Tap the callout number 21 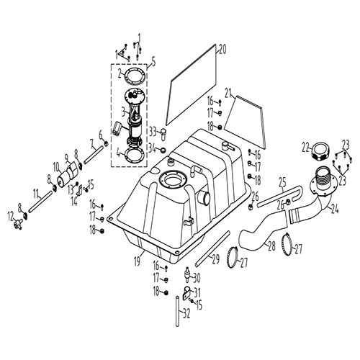(229, 93)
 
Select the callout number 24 (334, 211)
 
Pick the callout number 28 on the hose (270, 246)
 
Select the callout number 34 (152, 148)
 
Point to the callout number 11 (35, 192)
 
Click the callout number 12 (10, 215)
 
